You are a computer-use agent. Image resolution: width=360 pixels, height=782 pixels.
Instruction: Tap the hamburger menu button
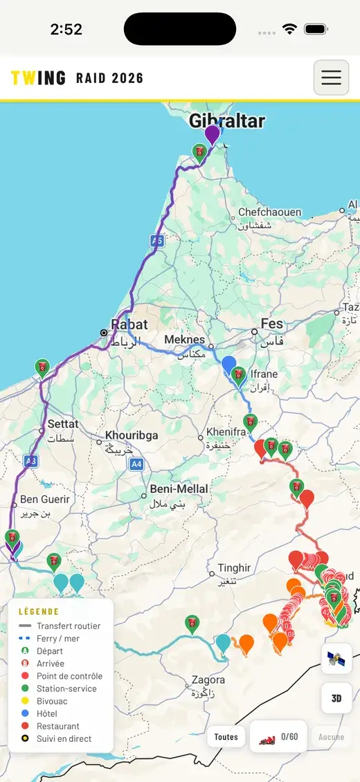click(x=331, y=78)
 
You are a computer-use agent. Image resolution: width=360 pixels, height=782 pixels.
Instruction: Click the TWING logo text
click(x=39, y=78)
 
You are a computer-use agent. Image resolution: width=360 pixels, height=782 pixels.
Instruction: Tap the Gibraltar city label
click(x=227, y=121)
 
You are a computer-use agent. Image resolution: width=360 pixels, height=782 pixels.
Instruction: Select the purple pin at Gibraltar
click(x=213, y=134)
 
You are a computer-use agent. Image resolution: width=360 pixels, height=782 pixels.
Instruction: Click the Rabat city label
click(x=129, y=325)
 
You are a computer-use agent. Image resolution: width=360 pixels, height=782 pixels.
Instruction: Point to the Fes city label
click(x=272, y=323)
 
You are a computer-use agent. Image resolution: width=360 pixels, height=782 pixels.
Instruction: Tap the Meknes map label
click(x=185, y=340)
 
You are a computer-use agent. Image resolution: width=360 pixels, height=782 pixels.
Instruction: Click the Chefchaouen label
click(x=269, y=212)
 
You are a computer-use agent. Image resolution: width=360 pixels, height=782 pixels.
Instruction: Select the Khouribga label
click(x=132, y=435)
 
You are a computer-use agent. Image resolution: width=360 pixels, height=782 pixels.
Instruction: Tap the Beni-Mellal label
click(x=179, y=489)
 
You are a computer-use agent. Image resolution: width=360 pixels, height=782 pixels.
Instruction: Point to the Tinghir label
click(x=234, y=568)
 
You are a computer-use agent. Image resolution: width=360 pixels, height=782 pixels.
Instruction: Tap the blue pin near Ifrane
click(x=228, y=365)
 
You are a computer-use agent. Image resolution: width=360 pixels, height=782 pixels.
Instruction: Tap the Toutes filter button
click(x=226, y=737)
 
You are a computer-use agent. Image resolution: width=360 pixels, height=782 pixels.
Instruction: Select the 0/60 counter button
click(x=278, y=737)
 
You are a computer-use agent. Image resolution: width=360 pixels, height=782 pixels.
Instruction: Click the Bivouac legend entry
click(x=52, y=701)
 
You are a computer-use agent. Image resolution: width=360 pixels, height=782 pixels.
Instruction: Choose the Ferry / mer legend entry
click(x=57, y=639)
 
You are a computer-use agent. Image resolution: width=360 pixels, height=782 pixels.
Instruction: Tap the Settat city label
click(x=62, y=424)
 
